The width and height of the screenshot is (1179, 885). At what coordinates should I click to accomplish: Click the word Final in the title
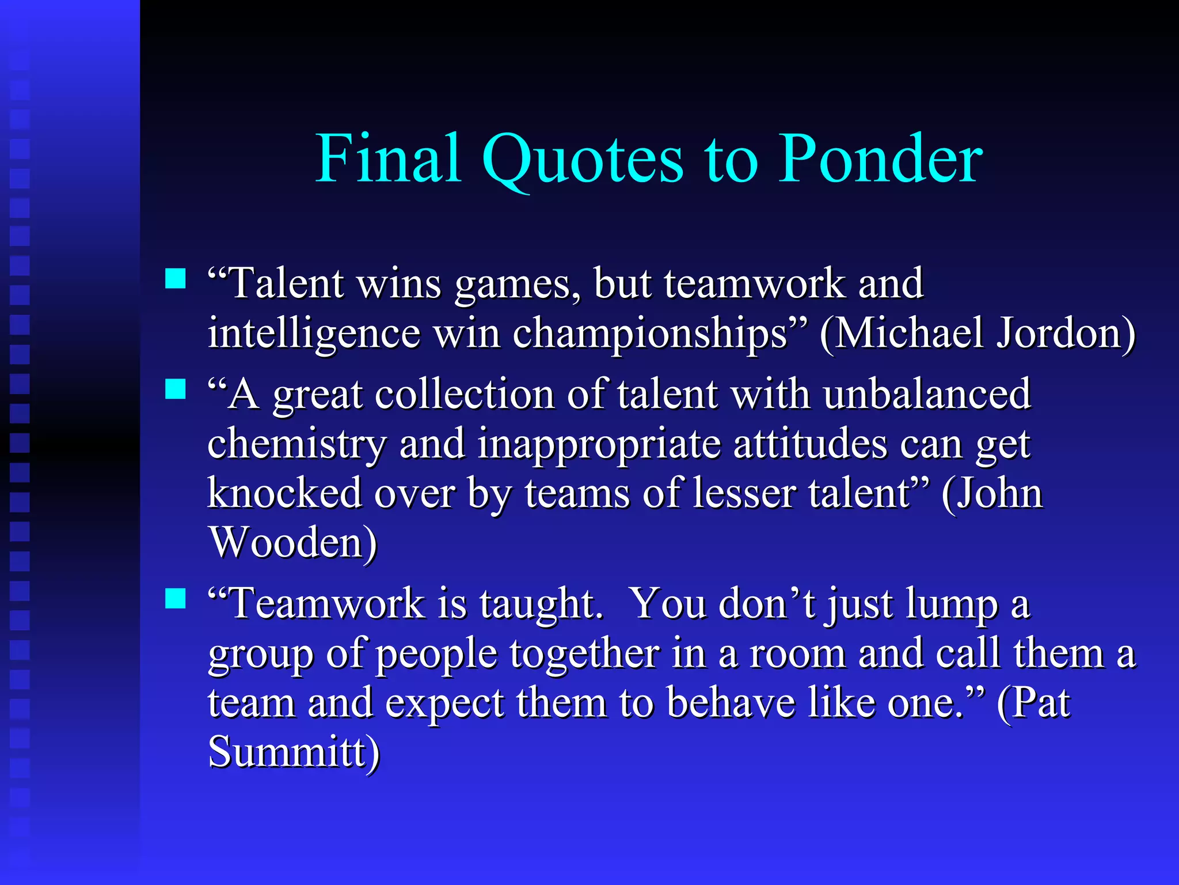click(389, 158)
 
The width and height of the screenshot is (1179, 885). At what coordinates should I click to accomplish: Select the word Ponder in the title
click(880, 158)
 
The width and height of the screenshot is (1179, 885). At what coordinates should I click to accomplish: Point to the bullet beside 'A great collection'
click(176, 389)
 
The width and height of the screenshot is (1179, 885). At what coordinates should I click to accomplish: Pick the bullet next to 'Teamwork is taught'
click(176, 599)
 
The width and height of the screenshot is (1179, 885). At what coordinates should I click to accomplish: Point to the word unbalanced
click(926, 395)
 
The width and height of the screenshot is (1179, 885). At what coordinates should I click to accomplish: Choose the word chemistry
click(297, 445)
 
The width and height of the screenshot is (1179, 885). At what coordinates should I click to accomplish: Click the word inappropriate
click(599, 445)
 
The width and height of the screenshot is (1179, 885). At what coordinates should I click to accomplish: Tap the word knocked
click(284, 494)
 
